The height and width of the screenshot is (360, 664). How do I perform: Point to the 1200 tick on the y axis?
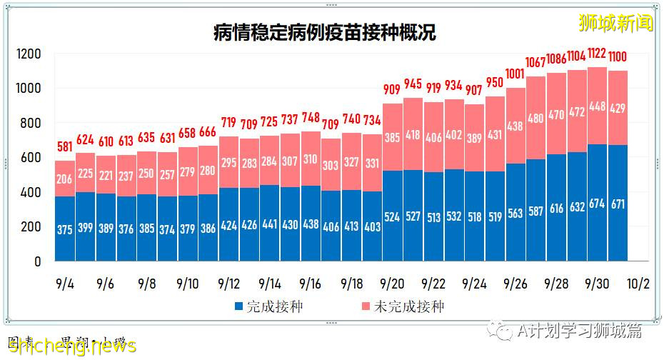coord(29,54)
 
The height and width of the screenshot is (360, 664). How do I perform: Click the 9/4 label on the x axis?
coord(64,283)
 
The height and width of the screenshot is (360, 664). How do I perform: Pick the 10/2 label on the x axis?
coord(638,283)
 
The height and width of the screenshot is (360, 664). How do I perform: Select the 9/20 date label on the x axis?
coord(393,283)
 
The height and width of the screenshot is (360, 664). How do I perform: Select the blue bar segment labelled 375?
coord(64,229)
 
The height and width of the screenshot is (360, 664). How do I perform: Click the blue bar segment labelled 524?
coord(393,216)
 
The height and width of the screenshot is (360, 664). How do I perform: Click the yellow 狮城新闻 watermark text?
coord(616,22)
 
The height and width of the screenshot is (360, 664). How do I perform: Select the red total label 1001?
coord(515,74)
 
